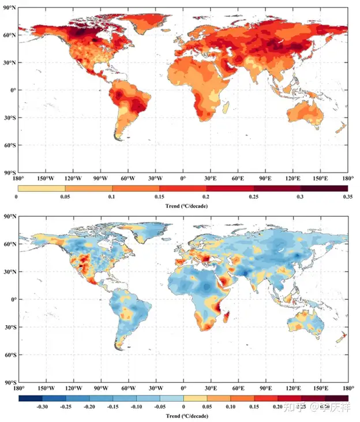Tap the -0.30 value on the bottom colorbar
coord(42,406)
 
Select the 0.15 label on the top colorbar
coord(159,197)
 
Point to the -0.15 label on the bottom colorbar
coord(112,406)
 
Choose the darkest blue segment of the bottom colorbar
coord(30,398)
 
